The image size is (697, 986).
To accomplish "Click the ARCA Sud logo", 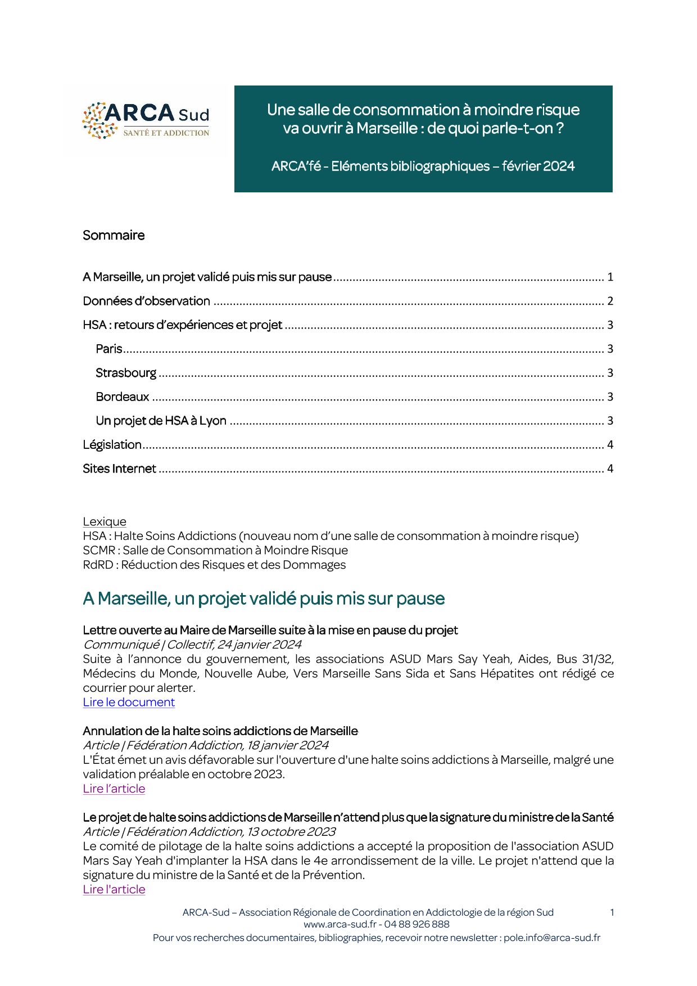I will (146, 120).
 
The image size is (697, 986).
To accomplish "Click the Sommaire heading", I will (114, 235).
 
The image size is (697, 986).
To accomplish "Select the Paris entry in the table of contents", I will (109, 349).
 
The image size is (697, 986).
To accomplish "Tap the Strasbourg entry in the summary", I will (126, 373).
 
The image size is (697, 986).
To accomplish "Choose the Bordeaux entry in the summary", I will (123, 397).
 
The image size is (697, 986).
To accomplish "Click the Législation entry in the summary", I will (112, 445).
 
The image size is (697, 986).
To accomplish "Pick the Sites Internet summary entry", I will (119, 469).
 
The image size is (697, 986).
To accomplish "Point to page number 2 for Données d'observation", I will (610, 301).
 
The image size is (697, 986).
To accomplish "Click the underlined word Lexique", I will (105, 521).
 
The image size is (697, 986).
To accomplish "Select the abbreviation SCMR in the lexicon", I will (99, 551).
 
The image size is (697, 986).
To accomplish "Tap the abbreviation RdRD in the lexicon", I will (98, 565).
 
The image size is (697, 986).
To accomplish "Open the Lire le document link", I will (129, 703).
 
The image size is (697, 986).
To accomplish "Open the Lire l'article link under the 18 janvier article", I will (114, 789).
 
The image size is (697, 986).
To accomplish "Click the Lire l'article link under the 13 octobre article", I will (114, 889).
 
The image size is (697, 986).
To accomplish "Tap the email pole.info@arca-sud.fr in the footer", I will (551, 938).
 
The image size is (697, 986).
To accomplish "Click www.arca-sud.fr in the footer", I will (340, 924).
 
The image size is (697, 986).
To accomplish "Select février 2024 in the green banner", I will (538, 166).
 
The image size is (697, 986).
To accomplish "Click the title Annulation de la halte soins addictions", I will (220, 731).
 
